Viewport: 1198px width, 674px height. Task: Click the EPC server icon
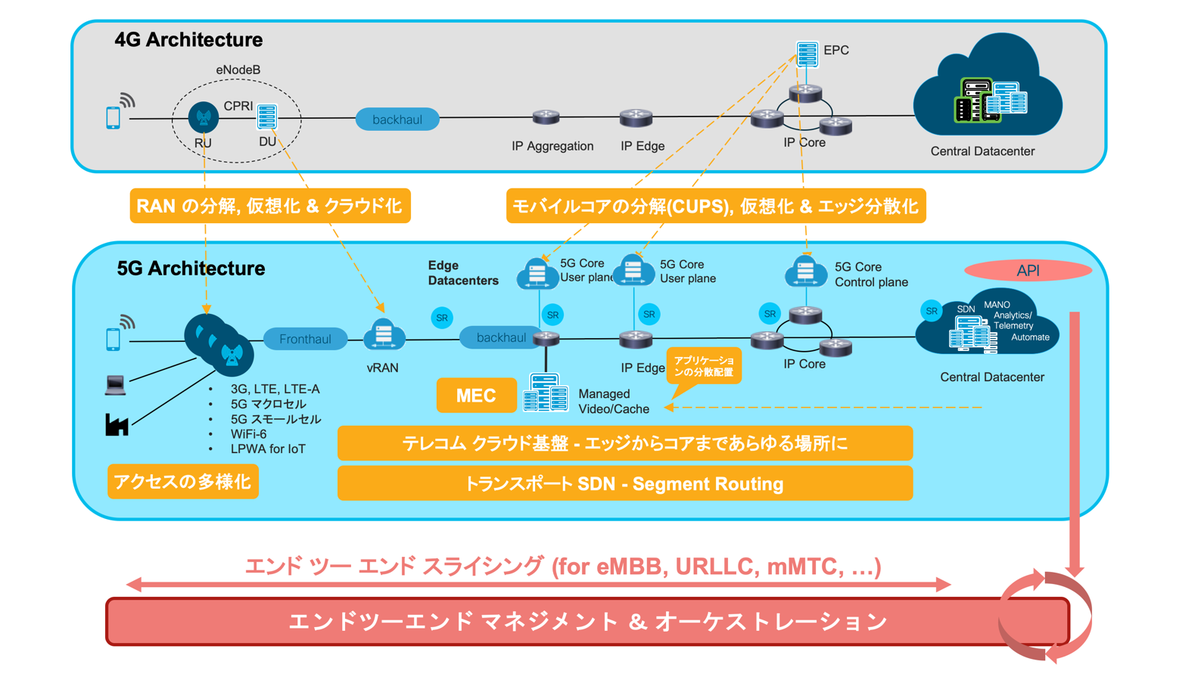click(807, 54)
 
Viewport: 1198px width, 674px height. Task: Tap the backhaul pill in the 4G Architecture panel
click(397, 120)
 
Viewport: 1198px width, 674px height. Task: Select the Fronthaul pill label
click(306, 339)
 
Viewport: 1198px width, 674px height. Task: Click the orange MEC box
click(476, 396)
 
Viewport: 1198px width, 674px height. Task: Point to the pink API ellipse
click(1028, 271)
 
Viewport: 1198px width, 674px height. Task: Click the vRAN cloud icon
click(384, 334)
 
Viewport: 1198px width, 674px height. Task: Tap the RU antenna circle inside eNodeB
click(204, 117)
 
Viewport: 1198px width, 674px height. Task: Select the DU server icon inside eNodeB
click(267, 116)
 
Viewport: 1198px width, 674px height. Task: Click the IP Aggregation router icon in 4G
click(546, 117)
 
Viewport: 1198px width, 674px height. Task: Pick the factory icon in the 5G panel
click(117, 425)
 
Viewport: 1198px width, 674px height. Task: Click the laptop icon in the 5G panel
click(115, 385)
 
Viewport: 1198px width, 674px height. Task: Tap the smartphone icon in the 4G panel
click(113, 117)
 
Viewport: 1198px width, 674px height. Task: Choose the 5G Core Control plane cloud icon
click(806, 272)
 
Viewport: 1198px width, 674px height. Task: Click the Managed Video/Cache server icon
click(546, 393)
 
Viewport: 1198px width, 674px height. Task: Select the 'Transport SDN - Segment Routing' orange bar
click(624, 483)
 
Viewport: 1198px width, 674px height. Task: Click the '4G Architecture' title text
click(188, 39)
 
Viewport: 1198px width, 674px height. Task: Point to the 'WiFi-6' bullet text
click(249, 434)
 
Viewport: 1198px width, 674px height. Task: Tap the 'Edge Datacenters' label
click(463, 273)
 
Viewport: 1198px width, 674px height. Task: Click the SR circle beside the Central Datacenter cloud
click(931, 311)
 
